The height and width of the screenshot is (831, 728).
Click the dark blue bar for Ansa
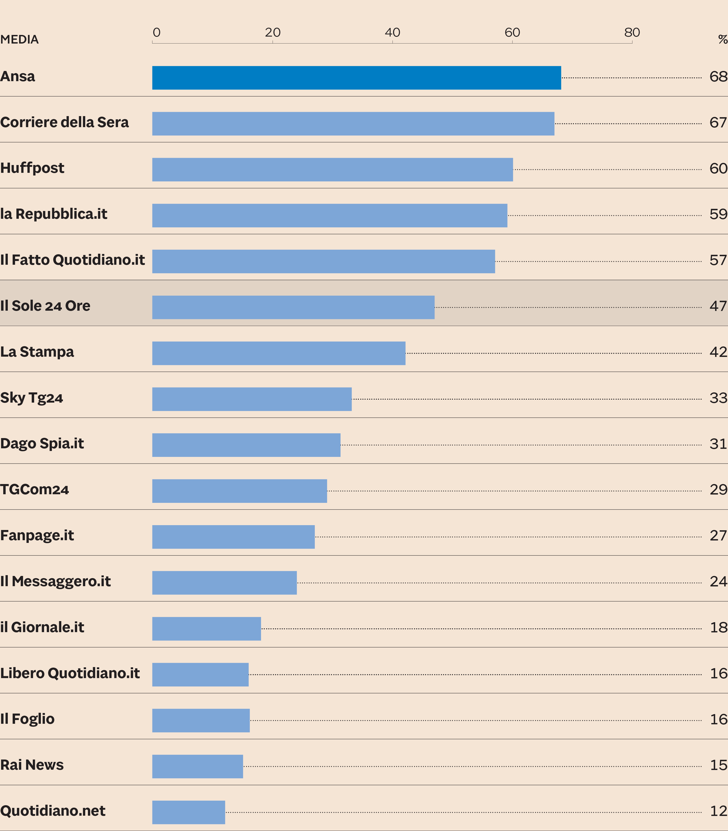pyautogui.click(x=356, y=78)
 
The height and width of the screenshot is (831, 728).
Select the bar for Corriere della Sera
pyautogui.click(x=353, y=123)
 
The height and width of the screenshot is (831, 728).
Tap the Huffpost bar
pyautogui.click(x=332, y=169)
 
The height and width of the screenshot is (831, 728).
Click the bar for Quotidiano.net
pyautogui.click(x=188, y=812)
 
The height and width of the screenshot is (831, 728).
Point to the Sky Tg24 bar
pyautogui.click(x=252, y=399)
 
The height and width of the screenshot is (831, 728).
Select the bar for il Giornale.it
pyautogui.click(x=206, y=628)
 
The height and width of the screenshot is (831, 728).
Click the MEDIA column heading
pyautogui.click(x=20, y=40)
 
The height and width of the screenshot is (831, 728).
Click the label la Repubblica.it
pyautogui.click(x=53, y=214)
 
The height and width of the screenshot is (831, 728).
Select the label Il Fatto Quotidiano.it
pyautogui.click(x=72, y=260)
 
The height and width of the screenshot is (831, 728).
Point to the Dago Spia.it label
pyautogui.click(x=42, y=443)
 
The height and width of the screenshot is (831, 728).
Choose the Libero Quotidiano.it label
pyautogui.click(x=70, y=673)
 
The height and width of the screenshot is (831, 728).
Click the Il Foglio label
pyautogui.click(x=27, y=719)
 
